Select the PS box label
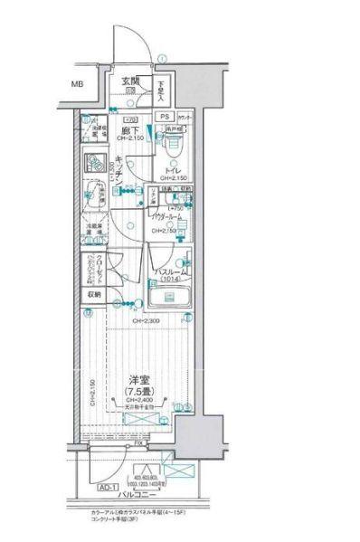tap(165, 117)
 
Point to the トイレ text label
tap(175, 169)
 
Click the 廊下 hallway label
tap(129, 130)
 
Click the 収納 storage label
tap(94, 295)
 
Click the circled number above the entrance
tap(160, 59)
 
